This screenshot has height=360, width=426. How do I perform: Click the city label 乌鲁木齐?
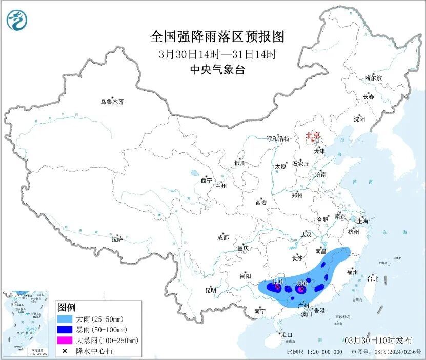(112, 102)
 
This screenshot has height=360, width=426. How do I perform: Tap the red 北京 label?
(313, 136)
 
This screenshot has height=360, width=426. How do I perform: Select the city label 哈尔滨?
(373, 78)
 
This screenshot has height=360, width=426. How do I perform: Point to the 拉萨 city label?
(117, 238)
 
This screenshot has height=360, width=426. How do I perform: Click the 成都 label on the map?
(223, 237)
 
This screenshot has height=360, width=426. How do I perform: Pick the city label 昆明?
(211, 290)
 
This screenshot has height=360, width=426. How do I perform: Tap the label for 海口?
(287, 335)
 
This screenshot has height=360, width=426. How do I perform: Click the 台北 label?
(372, 279)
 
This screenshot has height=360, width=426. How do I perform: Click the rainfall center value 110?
(277, 282)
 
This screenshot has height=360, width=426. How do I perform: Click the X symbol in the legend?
(65, 351)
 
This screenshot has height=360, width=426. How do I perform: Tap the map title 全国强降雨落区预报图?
(217, 36)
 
